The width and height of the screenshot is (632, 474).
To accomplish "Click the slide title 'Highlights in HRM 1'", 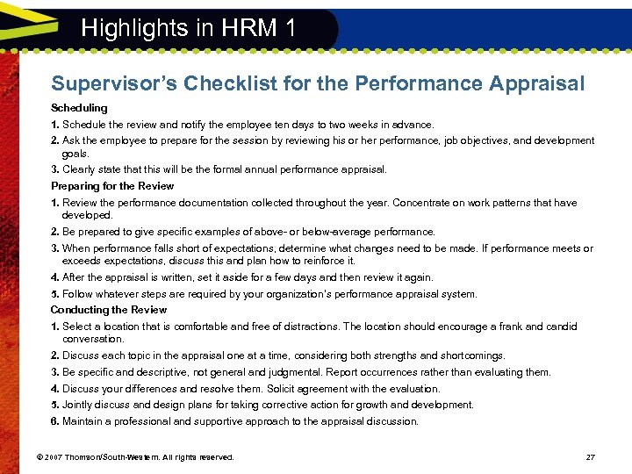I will click(188, 27).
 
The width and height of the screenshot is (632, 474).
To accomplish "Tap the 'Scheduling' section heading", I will click(79, 108).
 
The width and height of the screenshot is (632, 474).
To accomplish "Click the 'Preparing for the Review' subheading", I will click(112, 186).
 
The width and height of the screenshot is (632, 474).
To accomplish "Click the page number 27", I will click(590, 457).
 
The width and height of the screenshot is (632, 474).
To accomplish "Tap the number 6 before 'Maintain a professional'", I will click(54, 421).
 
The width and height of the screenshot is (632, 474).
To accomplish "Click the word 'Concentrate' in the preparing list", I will click(424, 203).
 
